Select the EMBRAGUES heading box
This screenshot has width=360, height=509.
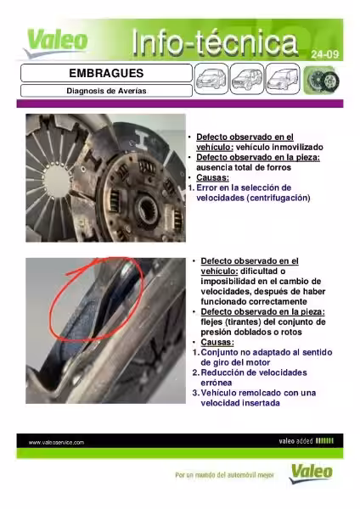point(104,74)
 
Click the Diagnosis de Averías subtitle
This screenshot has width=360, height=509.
point(104,90)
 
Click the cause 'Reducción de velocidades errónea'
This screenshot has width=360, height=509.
point(250,378)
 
